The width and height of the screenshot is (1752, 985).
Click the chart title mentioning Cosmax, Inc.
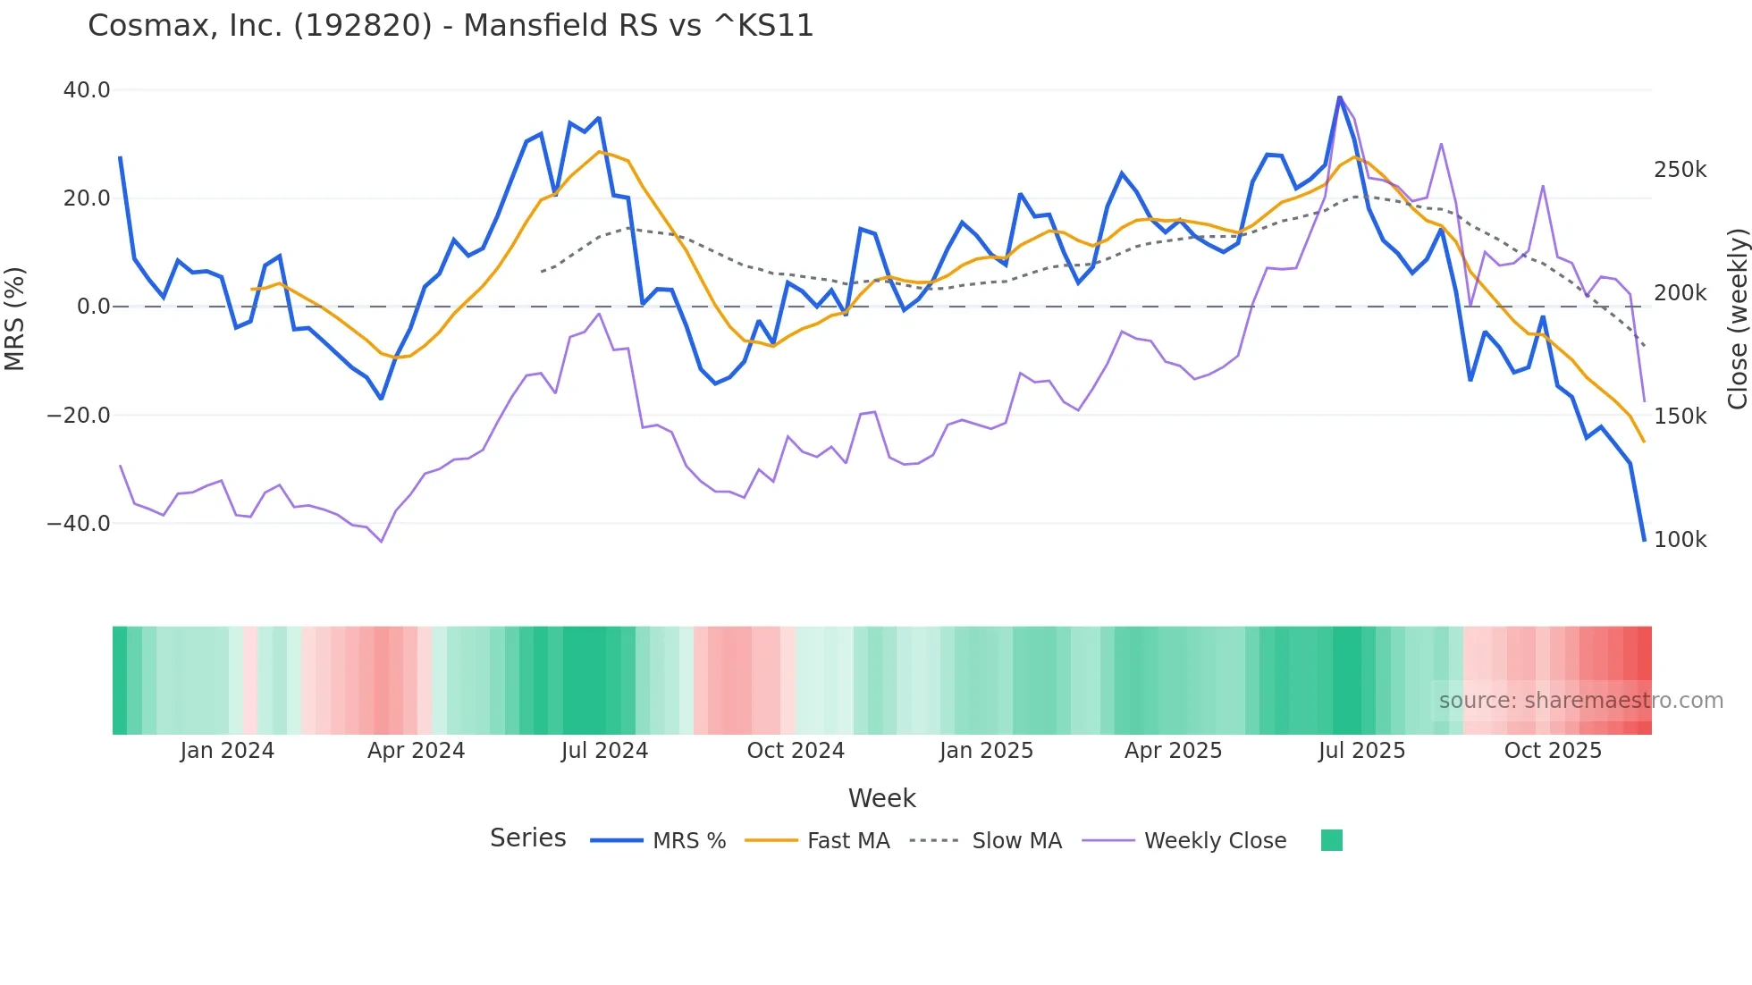click(x=451, y=26)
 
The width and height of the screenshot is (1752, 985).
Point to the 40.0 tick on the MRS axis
click(x=87, y=90)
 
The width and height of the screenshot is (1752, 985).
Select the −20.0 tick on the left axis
click(x=79, y=416)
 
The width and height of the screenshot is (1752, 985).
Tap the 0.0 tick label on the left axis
click(x=93, y=307)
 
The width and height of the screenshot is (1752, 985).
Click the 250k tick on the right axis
click(x=1680, y=170)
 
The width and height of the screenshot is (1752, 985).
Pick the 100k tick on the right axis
click(x=1680, y=540)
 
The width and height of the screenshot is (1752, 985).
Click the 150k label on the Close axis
click(x=1680, y=417)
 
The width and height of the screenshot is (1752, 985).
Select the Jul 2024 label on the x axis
click(x=604, y=751)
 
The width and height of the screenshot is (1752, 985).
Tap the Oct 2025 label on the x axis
click(x=1553, y=751)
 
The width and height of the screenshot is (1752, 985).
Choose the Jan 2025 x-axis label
click(x=986, y=751)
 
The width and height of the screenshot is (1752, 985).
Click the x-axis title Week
click(x=881, y=798)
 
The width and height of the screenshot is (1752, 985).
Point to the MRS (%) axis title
click(x=15, y=318)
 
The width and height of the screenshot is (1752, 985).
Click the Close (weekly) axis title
click(x=1737, y=318)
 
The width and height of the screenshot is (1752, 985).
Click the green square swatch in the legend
click(x=1331, y=840)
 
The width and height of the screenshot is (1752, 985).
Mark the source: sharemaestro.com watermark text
click(x=1580, y=701)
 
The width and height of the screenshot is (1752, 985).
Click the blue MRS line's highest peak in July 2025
click(x=1339, y=97)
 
